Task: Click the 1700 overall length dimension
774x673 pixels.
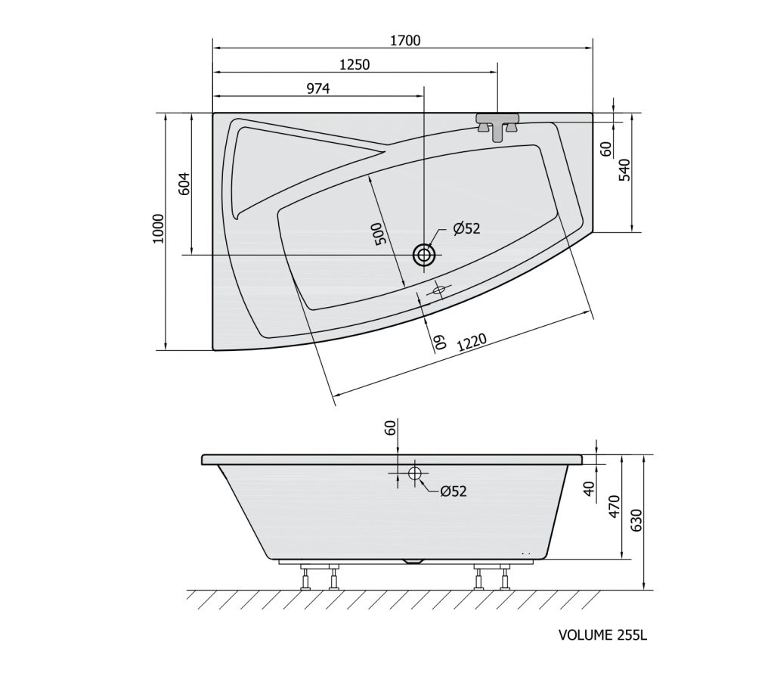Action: pos(405,40)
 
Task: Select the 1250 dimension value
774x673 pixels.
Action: pos(354,64)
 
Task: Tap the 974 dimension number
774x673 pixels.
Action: pos(318,88)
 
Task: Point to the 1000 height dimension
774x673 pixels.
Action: pos(157,228)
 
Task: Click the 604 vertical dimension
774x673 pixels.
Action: pos(184,184)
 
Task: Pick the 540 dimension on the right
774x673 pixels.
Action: pos(624,169)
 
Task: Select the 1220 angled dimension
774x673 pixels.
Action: pos(472,343)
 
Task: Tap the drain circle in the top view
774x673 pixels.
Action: pos(424,255)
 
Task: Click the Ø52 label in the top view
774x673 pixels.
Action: pos(466,228)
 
